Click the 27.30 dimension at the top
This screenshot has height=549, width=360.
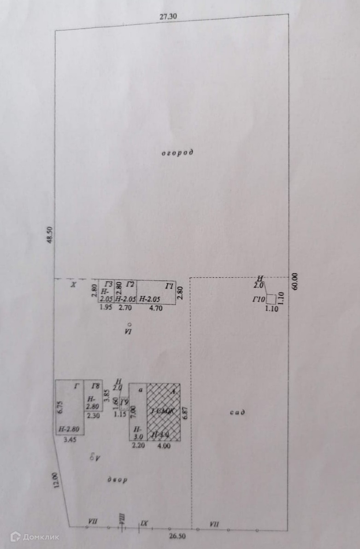168,17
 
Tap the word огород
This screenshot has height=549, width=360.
177,152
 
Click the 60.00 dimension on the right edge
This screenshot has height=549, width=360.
295,281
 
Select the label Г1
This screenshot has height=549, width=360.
170,287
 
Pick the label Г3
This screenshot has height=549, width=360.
109,284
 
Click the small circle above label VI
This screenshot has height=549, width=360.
129,324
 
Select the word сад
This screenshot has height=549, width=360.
237,412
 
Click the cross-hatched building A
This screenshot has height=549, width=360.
163,412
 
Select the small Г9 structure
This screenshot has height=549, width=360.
124,404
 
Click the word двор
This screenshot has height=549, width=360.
118,480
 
